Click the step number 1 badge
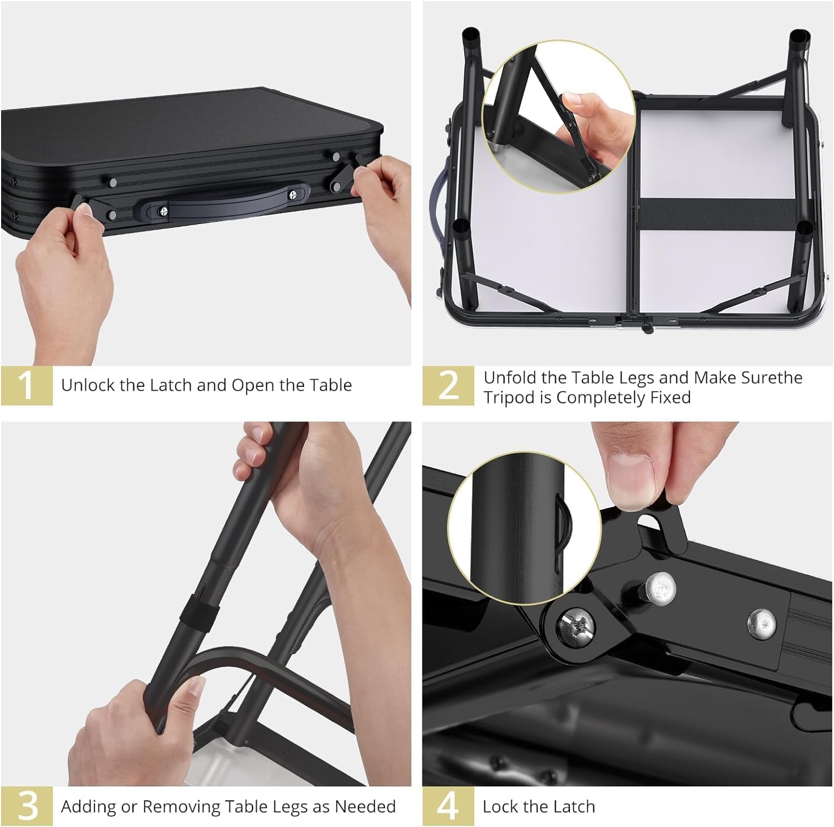tap(26, 385)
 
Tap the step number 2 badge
tap(448, 385)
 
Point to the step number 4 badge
tap(448, 806)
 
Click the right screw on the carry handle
tap(293, 196)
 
